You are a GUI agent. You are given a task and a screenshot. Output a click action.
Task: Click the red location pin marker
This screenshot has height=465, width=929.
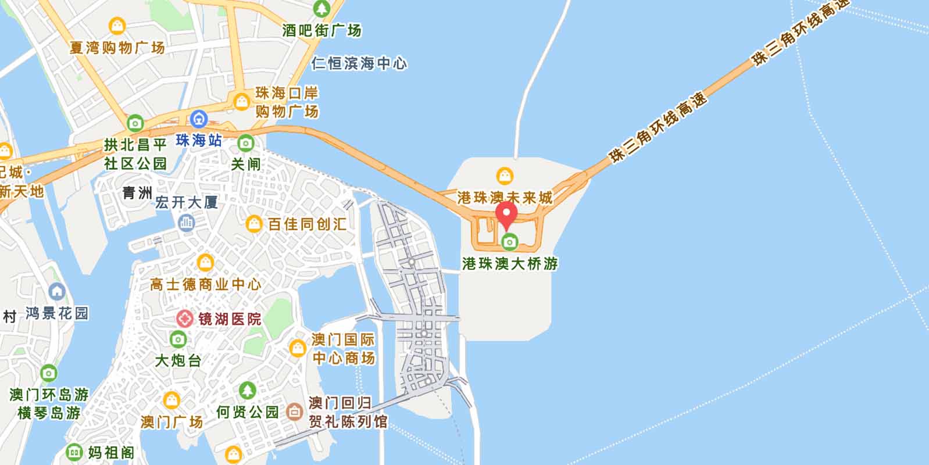tap(506, 216)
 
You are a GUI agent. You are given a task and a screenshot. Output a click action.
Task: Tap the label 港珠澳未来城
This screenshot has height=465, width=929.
tap(505, 198)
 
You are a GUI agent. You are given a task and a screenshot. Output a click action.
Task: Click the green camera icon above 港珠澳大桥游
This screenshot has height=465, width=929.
tap(510, 241)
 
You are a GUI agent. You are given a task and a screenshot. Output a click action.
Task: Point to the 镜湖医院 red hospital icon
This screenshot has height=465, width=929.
tap(185, 319)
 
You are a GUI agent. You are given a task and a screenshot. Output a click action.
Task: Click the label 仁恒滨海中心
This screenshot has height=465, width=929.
tap(359, 63)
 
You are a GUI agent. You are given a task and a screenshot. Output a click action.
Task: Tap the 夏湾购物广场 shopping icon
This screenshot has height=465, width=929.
tap(117, 26)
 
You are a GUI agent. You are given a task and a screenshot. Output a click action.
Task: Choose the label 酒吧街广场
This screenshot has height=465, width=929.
tap(321, 30)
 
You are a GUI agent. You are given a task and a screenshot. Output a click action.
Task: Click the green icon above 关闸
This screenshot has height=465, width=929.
tap(246, 142)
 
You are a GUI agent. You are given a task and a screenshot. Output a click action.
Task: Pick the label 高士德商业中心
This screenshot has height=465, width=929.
tap(205, 284)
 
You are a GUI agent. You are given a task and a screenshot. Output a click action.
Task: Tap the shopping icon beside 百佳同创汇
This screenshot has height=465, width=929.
tap(254, 223)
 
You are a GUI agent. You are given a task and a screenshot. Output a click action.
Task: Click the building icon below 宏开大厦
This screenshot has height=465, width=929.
tap(187, 222)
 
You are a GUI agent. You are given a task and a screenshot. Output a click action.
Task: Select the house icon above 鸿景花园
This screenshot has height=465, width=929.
tap(57, 291)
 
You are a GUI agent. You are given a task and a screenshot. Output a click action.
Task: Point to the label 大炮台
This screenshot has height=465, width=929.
tap(178, 360)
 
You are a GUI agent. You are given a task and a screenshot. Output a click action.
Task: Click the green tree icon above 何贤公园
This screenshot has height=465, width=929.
tap(248, 390)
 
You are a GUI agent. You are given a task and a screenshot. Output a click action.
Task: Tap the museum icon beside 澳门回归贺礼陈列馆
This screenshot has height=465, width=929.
tap(294, 412)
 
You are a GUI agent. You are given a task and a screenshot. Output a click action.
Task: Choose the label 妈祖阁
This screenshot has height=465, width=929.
tap(111, 452)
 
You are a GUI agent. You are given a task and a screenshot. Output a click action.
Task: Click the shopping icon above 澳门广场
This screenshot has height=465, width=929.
tap(171, 400)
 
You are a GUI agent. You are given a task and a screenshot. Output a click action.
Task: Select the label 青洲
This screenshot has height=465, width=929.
tap(137, 193)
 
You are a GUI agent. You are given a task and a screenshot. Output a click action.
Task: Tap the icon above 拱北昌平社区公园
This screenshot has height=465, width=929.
tap(135, 123)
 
